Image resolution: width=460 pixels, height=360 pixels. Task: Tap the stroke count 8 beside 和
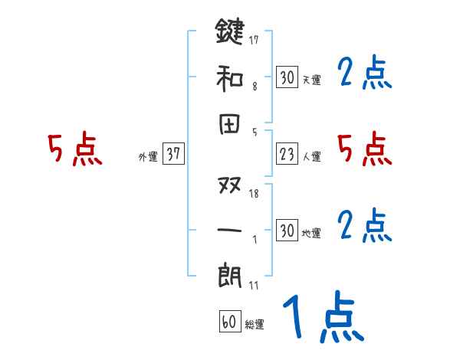point(254,87)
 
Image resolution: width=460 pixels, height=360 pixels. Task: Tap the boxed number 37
point(173,154)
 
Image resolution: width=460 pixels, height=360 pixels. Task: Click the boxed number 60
point(228,322)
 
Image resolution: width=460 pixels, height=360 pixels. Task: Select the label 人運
point(312,157)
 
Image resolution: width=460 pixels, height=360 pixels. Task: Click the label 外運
point(148,157)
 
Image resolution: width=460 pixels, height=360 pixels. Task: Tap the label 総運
point(254,325)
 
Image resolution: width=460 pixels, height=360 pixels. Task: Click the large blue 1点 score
point(322,318)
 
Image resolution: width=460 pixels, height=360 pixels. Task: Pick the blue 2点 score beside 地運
point(365,225)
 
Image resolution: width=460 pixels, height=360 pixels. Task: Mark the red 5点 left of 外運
point(74,149)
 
